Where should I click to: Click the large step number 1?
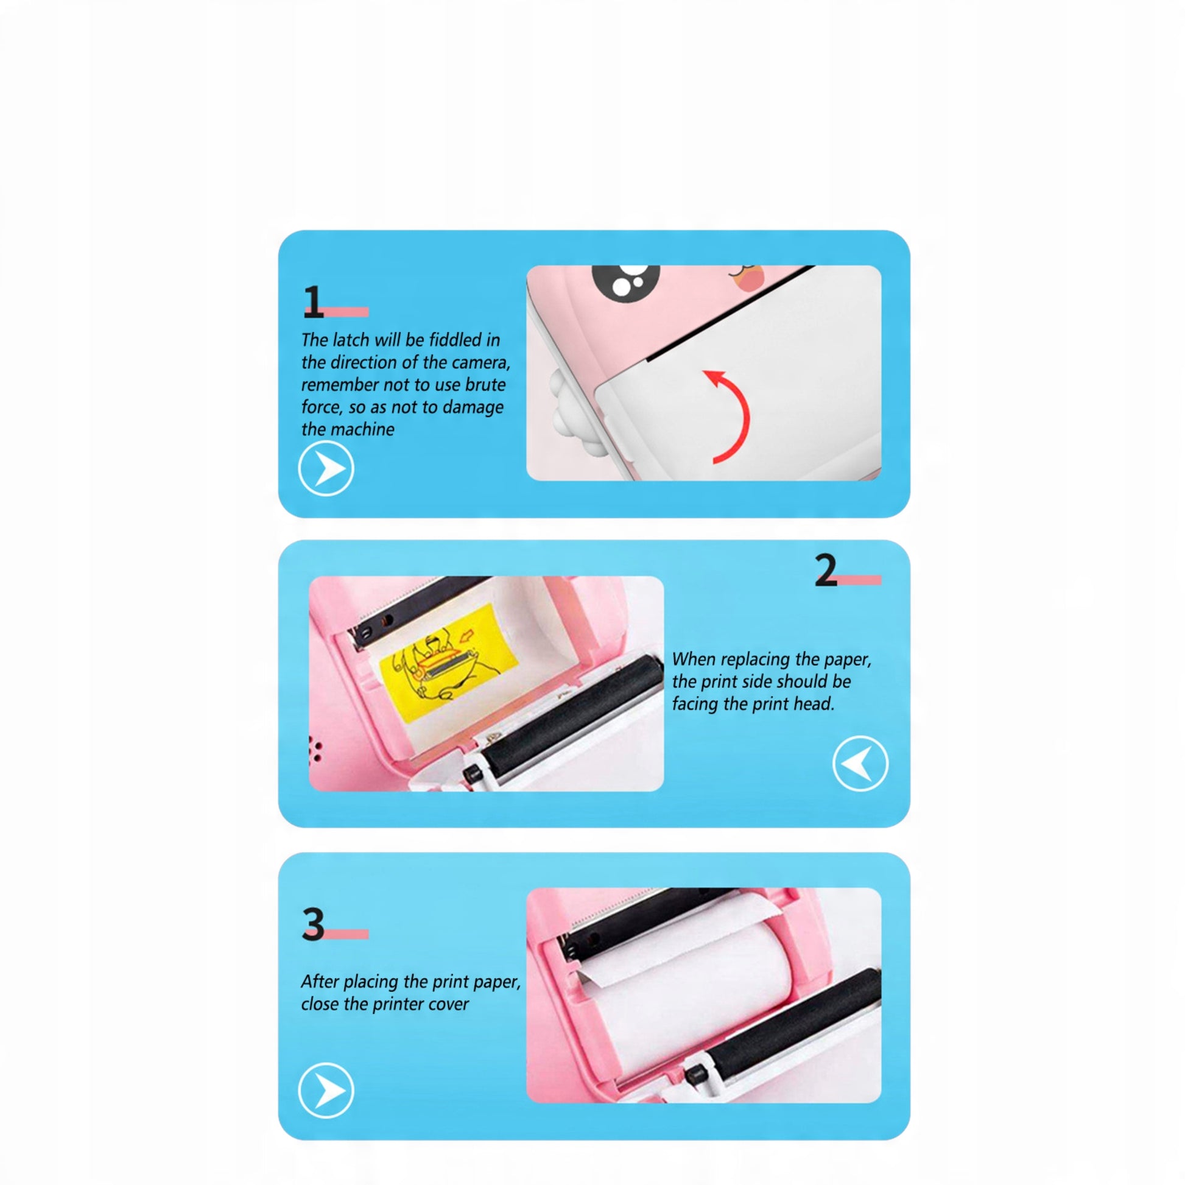coord(314,302)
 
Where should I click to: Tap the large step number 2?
coord(826,570)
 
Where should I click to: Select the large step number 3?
coord(314,925)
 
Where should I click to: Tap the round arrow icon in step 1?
coord(326,469)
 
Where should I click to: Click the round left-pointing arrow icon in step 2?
coord(860,764)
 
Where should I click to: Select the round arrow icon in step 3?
coord(326,1091)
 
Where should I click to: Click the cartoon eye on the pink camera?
coord(625,283)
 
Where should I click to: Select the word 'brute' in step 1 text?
coord(485,385)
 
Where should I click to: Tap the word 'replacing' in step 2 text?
coord(756,660)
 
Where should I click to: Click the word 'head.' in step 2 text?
coord(815,704)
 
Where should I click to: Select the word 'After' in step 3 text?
coord(319,982)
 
